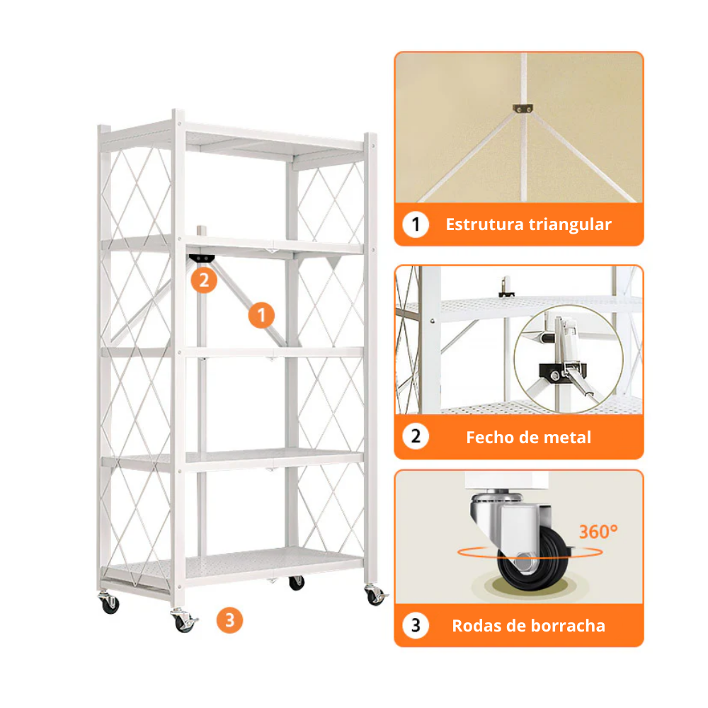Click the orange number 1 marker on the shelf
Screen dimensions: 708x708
pos(261,315)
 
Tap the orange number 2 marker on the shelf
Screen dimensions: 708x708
pos(203,280)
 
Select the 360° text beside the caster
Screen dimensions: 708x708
pos(598,532)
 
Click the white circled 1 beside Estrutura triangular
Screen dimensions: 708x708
pos(416,225)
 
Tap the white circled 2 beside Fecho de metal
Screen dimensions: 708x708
pos(416,437)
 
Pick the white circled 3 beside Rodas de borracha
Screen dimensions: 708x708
pos(416,625)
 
